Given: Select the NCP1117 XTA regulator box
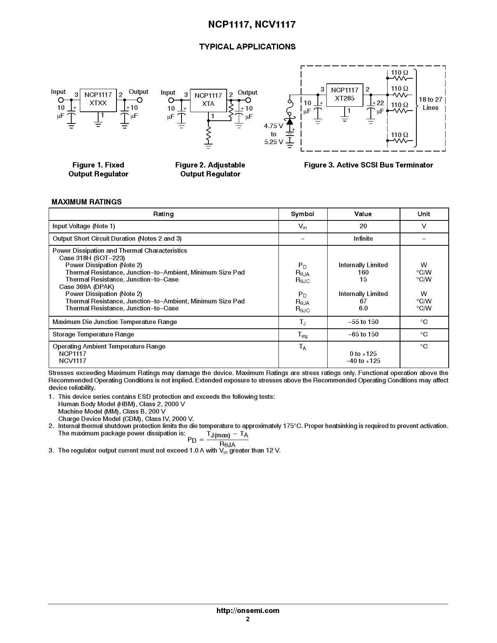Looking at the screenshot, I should [x=208, y=100].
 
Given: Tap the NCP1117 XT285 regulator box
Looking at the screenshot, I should [x=344, y=95].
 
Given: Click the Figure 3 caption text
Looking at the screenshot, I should [x=368, y=165].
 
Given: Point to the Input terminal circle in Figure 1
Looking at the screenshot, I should [x=61, y=100].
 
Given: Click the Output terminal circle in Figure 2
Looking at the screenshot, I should [x=248, y=100].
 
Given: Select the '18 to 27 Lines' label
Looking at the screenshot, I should [x=430, y=104].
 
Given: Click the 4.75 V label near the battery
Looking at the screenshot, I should [x=273, y=126].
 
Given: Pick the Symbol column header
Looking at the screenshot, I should [x=302, y=214].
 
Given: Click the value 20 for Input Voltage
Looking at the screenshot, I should [x=363, y=226].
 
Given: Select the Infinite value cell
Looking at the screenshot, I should [x=363, y=239].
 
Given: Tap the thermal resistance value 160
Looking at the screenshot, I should [x=363, y=273].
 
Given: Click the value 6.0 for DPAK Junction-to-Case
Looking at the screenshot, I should [x=363, y=308].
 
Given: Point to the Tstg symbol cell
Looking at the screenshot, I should [x=302, y=335].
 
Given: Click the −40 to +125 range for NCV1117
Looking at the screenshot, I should [x=363, y=361].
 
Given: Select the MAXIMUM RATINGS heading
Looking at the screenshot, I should [x=86, y=202].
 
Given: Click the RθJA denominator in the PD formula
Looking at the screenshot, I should [x=227, y=444].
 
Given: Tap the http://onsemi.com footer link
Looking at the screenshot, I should [x=248, y=611].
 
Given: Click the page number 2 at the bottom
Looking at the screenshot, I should [x=248, y=619].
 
